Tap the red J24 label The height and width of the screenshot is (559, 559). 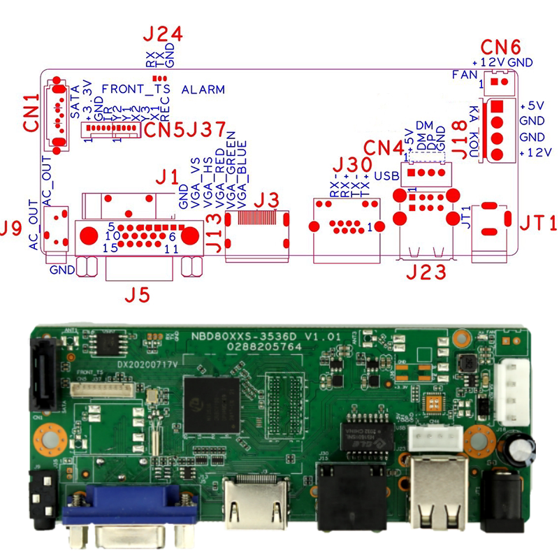click(162, 35)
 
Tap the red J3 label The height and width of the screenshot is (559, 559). click(266, 200)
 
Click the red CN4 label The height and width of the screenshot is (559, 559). click(384, 148)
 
